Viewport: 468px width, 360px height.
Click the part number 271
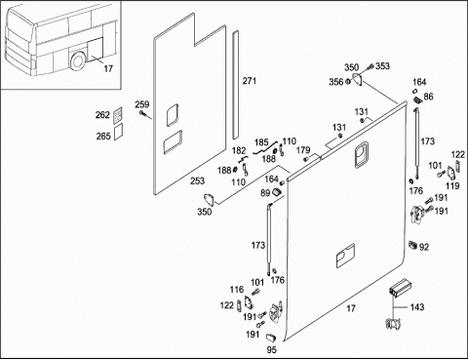tap(250, 81)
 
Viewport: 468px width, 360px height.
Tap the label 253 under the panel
tap(197, 180)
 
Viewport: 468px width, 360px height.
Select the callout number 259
tap(142, 104)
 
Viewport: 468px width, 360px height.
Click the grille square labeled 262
tap(118, 115)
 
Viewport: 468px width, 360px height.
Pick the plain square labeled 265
tap(118, 132)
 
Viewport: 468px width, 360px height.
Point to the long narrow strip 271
tap(235, 85)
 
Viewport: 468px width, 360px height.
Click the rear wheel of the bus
tap(78, 61)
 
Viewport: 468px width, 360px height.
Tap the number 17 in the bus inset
tap(108, 68)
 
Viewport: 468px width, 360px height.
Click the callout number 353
tap(382, 66)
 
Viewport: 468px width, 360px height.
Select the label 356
tap(336, 82)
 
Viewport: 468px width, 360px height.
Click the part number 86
tap(428, 97)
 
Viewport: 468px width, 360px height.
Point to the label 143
tap(417, 307)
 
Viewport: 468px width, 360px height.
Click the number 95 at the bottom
tap(271, 349)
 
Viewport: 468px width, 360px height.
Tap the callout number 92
tap(424, 247)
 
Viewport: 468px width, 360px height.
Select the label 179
tap(303, 150)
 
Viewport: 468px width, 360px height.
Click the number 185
tap(261, 142)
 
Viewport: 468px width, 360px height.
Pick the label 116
tap(237, 290)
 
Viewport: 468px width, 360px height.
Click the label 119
tap(452, 186)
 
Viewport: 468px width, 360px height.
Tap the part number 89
tap(265, 193)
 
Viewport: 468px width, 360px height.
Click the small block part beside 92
tap(413, 245)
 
